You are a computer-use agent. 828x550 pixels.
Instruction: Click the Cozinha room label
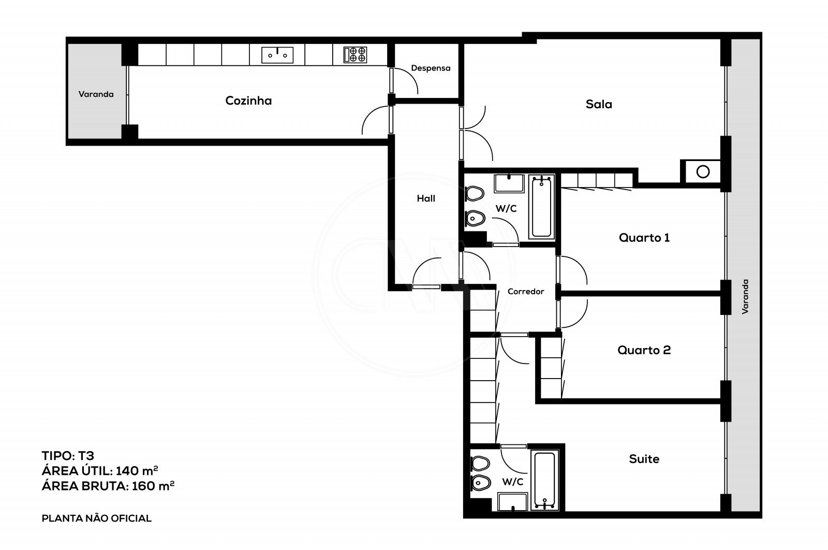248,100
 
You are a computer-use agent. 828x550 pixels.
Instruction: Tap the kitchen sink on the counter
277,54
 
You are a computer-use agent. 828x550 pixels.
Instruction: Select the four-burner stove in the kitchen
356,54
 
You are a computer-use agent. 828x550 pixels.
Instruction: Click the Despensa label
431,68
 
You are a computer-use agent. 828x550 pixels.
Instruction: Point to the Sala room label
599,104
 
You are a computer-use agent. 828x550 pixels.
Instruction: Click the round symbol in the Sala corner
703,171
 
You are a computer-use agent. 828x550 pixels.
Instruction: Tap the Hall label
426,198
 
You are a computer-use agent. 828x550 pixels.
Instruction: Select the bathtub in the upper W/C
541,206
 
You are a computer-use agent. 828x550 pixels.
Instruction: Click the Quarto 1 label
644,238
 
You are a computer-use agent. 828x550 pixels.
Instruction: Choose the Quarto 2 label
644,350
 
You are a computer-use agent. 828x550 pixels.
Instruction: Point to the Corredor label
526,292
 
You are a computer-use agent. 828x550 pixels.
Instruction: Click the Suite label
644,459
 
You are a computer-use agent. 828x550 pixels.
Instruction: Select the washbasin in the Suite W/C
512,501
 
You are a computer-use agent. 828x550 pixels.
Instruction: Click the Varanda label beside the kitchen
96,94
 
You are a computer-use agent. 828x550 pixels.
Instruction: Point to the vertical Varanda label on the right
745,297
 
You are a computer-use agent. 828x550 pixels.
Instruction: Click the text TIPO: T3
68,456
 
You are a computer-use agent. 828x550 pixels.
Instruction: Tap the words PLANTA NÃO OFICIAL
96,518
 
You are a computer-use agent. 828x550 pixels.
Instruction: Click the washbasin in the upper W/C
510,183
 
